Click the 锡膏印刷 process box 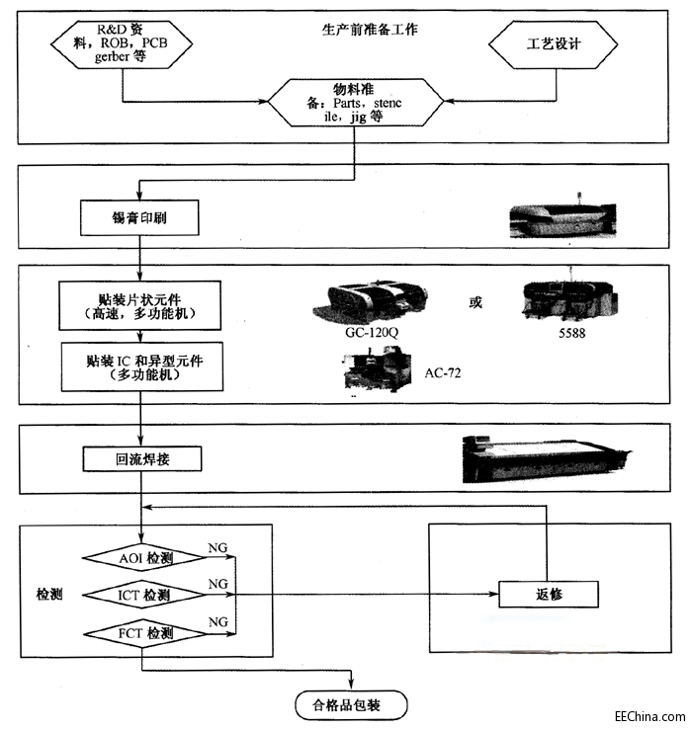pos(138,216)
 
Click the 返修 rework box pos(549,594)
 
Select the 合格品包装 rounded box pos(352,704)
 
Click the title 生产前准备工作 pos(370,30)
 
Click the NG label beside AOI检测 pos(217,546)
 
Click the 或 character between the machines pos(476,302)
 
